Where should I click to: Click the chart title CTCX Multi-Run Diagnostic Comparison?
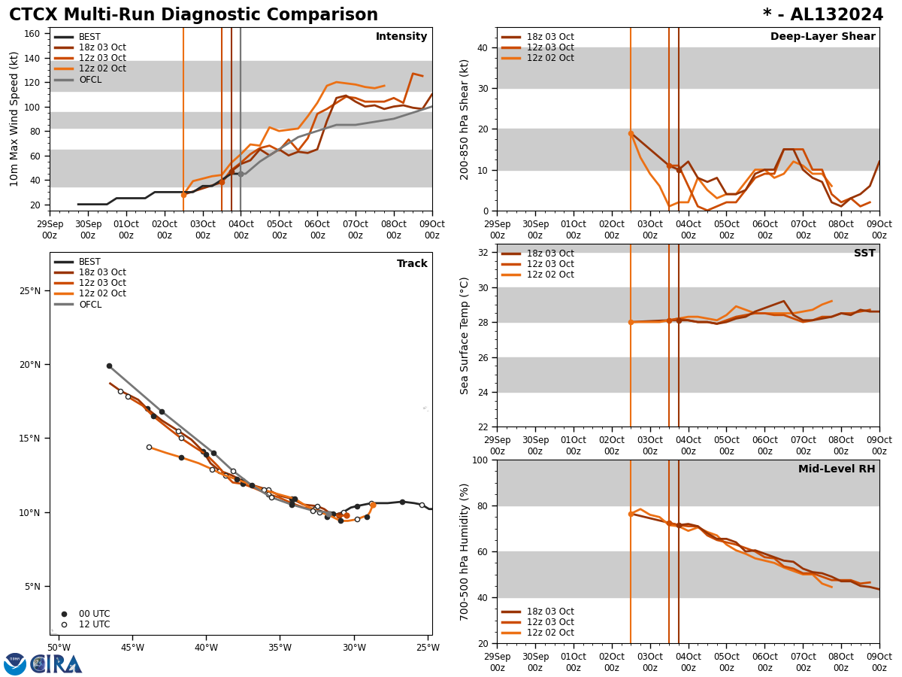tap(193, 15)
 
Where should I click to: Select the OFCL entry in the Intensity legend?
tap(89, 80)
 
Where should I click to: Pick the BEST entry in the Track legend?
tap(89, 263)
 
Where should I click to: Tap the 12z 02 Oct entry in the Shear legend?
tap(549, 58)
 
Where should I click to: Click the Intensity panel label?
tap(401, 37)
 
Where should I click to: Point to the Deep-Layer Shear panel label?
tap(822, 37)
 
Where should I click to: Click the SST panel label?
tap(864, 253)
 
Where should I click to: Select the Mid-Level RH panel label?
tap(837, 469)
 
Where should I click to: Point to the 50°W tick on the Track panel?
tap(59, 648)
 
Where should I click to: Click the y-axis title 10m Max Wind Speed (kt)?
tap(14, 119)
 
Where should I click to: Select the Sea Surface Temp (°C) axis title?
tap(465, 335)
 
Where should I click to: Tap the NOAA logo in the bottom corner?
tap(15, 664)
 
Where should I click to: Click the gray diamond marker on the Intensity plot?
tap(241, 174)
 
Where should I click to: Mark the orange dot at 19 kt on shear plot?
tap(631, 133)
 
